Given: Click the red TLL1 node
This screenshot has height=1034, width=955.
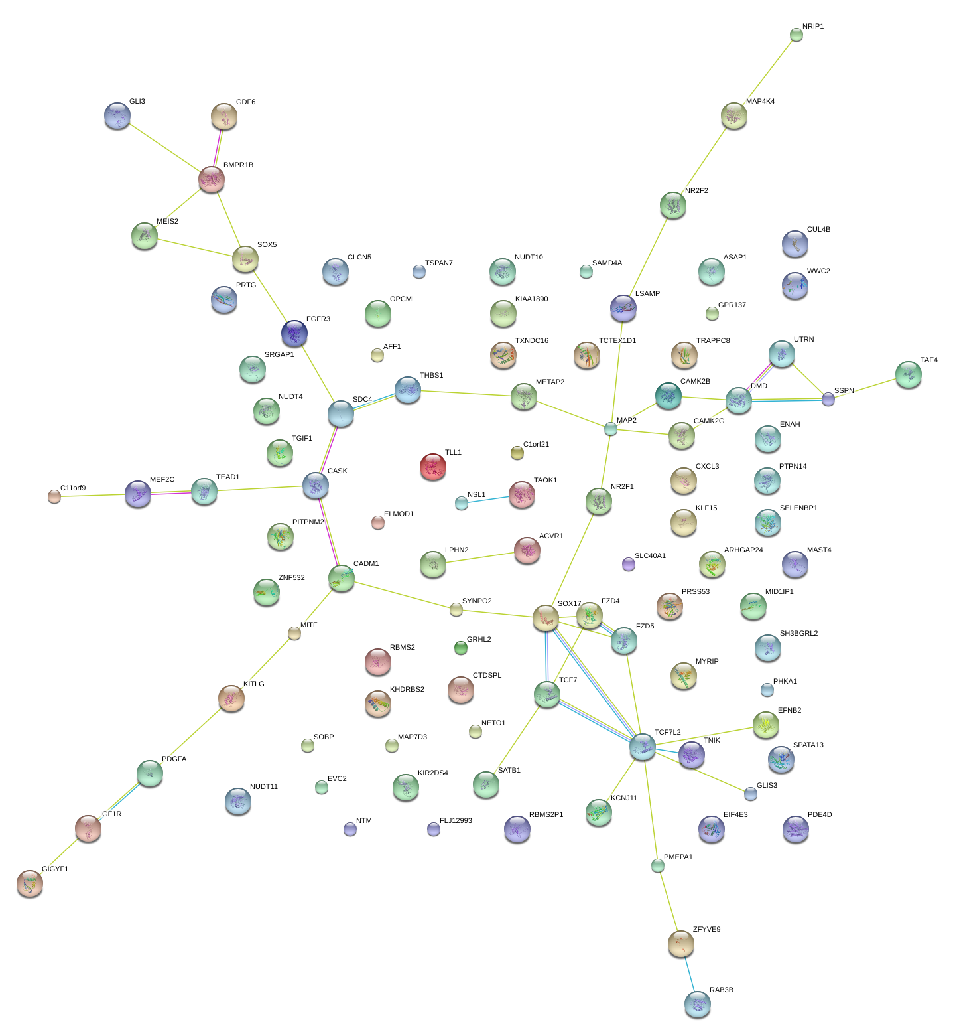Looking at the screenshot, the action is pos(432,467).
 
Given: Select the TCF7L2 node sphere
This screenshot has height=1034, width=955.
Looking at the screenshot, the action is pos(642,747).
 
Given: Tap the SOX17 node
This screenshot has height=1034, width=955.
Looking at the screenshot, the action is pos(545,618).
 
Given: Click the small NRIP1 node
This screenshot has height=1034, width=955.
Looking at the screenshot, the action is pos(796,35).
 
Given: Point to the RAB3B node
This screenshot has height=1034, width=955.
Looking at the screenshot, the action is pos(697,1004).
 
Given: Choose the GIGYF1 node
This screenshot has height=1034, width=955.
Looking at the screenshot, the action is pos(29,883).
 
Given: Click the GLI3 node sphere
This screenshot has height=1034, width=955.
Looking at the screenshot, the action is pos(117,115).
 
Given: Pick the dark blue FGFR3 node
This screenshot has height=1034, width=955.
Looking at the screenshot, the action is pos(294,333).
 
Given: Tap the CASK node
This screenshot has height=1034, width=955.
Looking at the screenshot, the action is pos(316,485).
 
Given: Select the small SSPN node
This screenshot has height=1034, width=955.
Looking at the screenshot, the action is pos(828,399).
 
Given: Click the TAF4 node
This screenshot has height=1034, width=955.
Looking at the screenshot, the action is pos(908,374).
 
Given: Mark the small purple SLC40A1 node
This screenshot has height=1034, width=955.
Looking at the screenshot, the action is pos(628,564).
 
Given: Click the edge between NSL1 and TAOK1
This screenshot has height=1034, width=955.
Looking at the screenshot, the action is pos(488,499).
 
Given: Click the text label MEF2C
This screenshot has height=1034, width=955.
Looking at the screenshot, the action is pos(162,479).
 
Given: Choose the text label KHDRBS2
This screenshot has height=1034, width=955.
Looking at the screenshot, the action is pos(407,689).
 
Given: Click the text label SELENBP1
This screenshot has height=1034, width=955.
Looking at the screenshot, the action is pos(798,508).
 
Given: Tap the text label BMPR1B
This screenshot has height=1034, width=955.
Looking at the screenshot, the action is pos(238,165).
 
